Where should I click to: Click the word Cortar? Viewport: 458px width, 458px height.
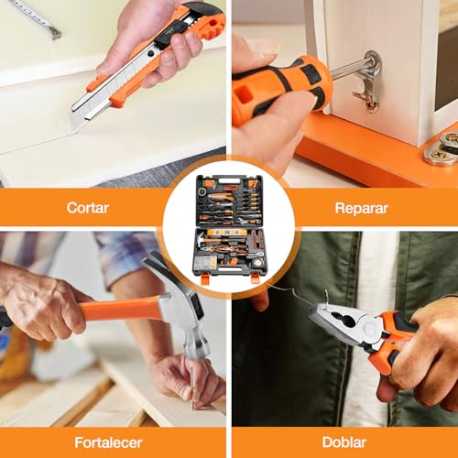point(88,208)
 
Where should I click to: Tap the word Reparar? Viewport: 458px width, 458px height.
point(362,209)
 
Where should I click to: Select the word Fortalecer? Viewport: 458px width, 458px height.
point(108,442)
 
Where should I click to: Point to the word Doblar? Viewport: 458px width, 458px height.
point(344,442)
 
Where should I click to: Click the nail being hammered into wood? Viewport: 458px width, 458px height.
point(192,387)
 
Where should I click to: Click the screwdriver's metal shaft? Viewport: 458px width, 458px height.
point(351,68)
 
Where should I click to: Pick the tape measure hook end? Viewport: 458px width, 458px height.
point(56,33)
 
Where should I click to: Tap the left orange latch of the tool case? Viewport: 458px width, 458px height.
point(205,279)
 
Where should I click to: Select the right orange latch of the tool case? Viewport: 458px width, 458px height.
point(255,278)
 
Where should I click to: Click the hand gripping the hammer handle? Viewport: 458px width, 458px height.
point(46,305)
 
